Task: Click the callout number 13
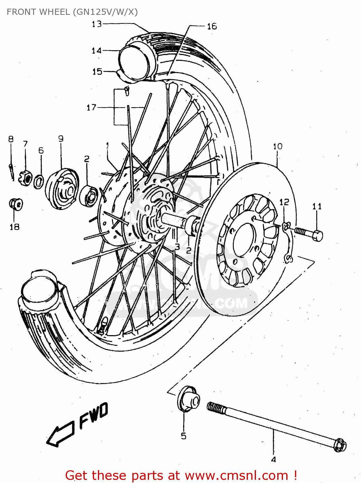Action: coord(97,24)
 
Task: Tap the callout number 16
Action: coord(212,26)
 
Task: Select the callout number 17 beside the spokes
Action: coord(91,107)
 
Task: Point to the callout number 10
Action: coord(277,147)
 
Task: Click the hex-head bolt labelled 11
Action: coord(309,233)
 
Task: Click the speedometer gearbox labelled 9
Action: coord(63,188)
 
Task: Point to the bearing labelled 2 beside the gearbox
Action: coord(90,196)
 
